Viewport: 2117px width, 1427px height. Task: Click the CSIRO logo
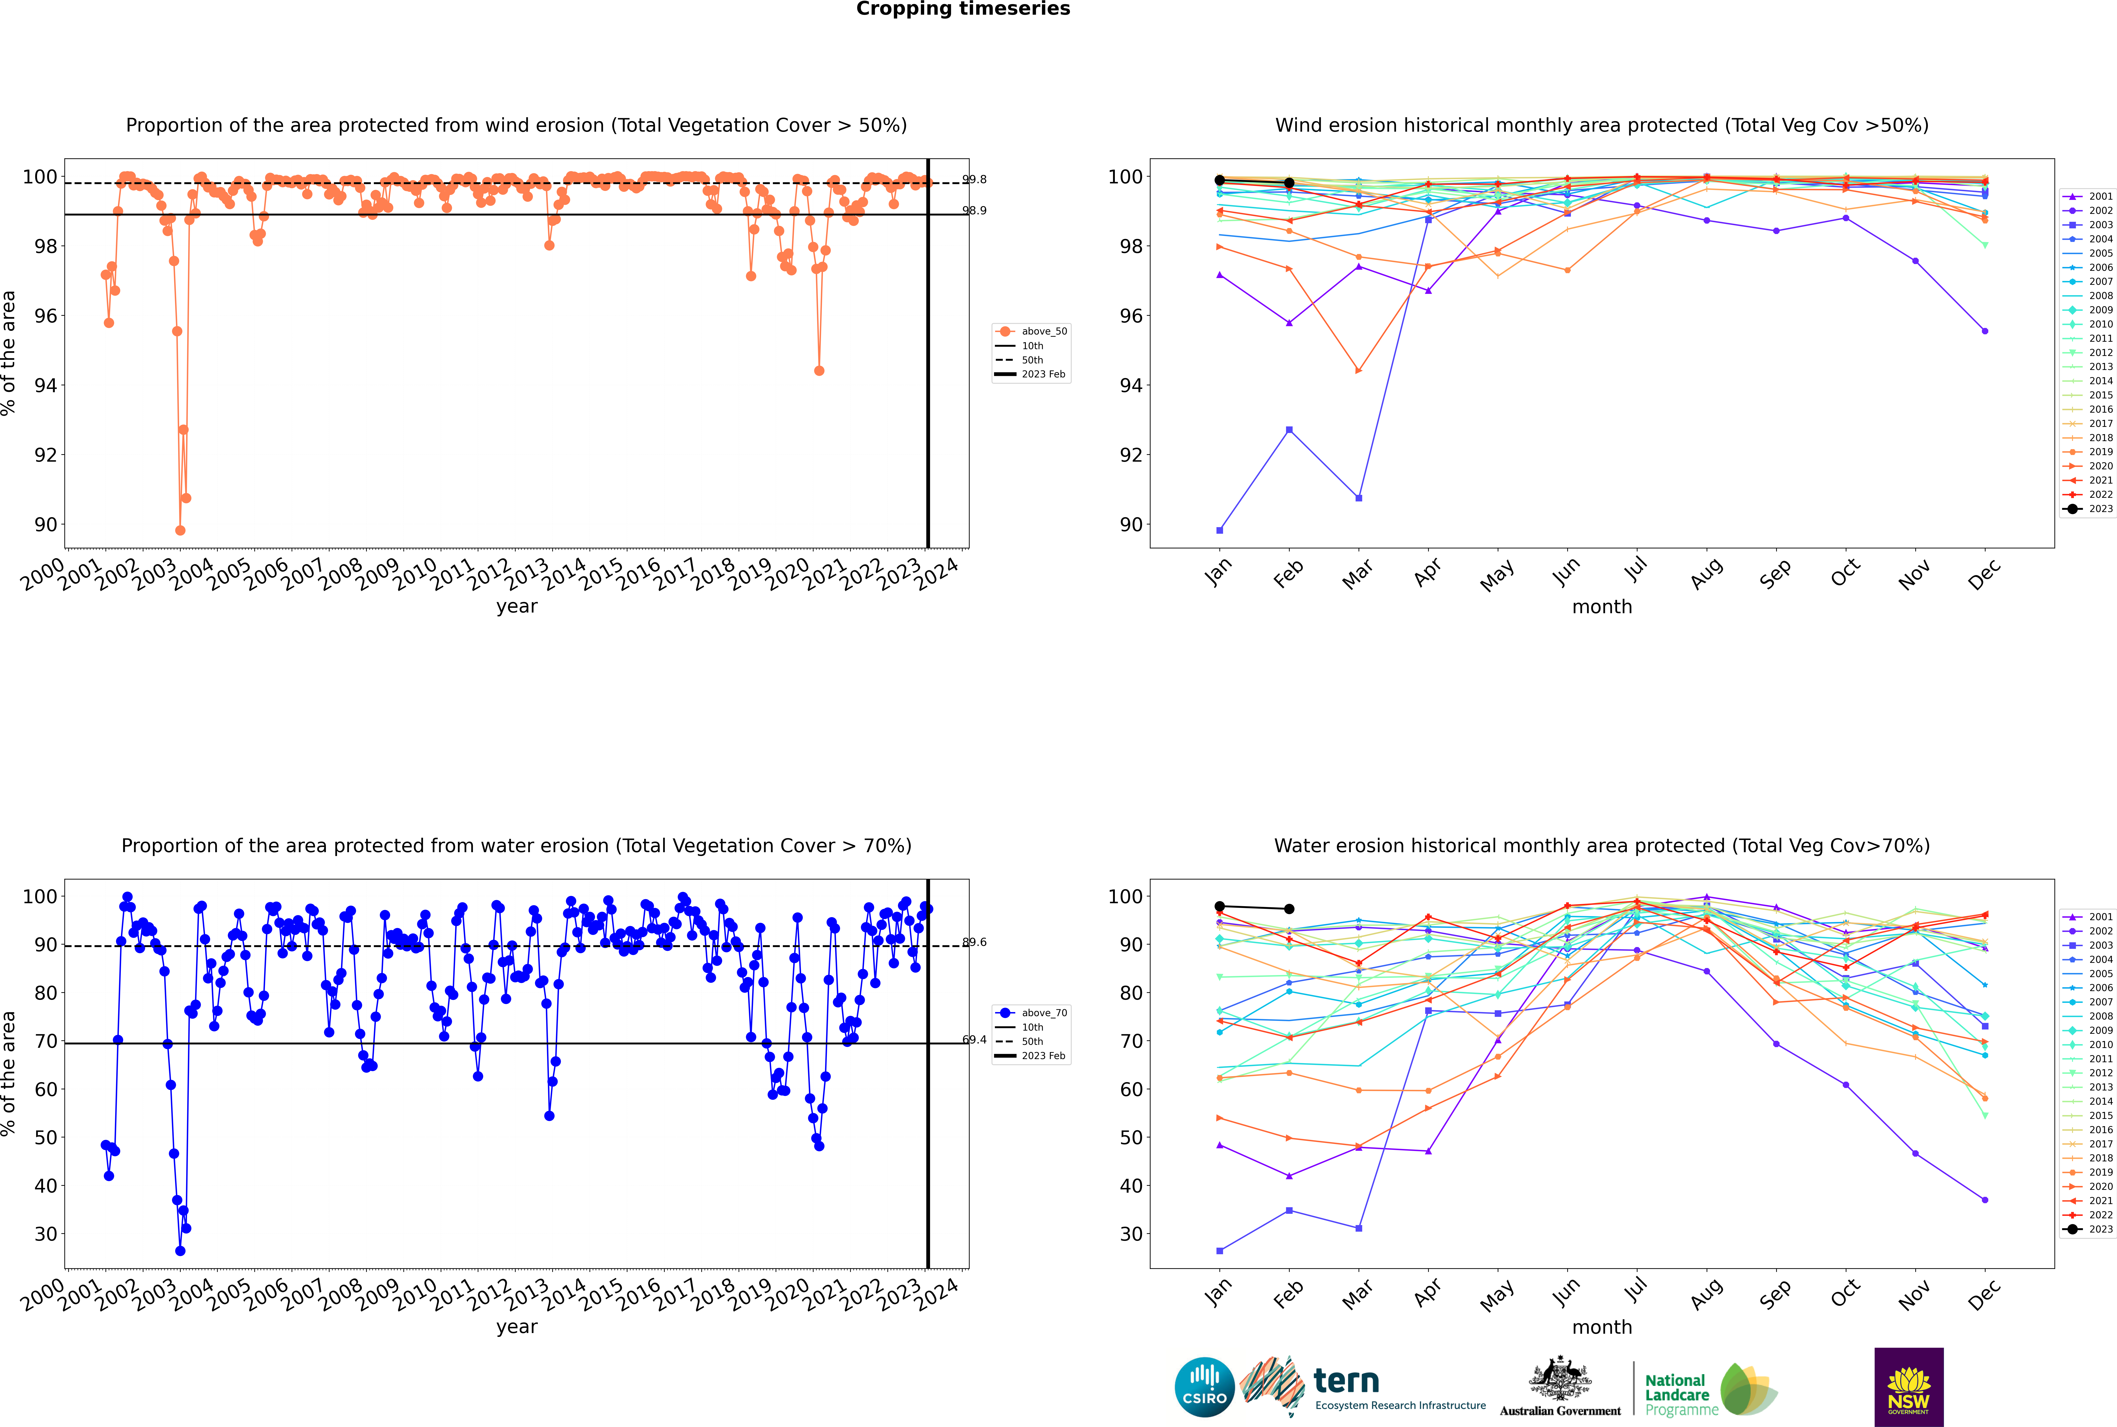(x=1204, y=1387)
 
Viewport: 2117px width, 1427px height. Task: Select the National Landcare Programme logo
(x=1711, y=1390)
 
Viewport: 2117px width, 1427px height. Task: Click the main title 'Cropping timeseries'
(x=963, y=9)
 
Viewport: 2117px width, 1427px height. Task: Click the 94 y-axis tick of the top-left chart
(x=45, y=386)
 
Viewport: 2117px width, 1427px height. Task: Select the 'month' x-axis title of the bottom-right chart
(x=1602, y=1327)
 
